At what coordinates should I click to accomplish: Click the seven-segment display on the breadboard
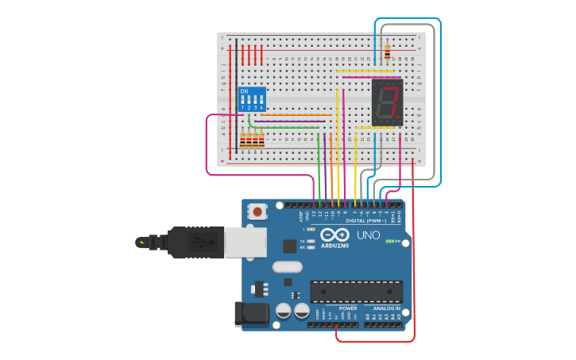(x=387, y=103)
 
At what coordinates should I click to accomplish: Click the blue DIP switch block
(x=251, y=99)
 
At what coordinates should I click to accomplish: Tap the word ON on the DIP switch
(x=244, y=91)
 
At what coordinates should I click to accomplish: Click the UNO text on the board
(x=368, y=235)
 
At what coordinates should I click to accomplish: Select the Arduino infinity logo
(x=335, y=235)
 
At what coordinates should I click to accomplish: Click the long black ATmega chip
(x=356, y=292)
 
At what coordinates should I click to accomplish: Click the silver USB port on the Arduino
(x=242, y=242)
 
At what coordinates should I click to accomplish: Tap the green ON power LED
(x=389, y=241)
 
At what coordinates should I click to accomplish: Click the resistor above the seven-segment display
(x=387, y=52)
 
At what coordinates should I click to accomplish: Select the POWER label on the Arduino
(x=348, y=308)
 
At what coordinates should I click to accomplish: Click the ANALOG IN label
(x=387, y=308)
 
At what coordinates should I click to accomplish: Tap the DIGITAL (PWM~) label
(x=366, y=219)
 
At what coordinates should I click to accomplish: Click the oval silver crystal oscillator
(x=287, y=268)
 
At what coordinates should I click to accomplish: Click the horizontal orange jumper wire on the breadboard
(x=296, y=115)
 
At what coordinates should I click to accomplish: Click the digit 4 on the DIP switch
(x=261, y=107)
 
